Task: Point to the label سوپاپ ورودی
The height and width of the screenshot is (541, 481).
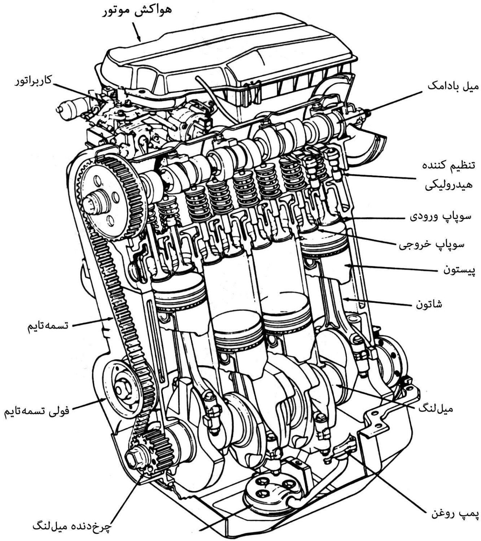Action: (441, 216)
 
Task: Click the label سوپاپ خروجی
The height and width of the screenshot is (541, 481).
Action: (432, 244)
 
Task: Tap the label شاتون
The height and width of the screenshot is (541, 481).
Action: (429, 304)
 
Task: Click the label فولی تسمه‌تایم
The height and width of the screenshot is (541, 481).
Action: (36, 410)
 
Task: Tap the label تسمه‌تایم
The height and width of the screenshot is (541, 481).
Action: (48, 326)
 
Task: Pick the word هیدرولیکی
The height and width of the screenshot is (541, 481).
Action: (449, 185)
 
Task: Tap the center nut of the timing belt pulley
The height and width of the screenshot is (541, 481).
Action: (120, 390)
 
